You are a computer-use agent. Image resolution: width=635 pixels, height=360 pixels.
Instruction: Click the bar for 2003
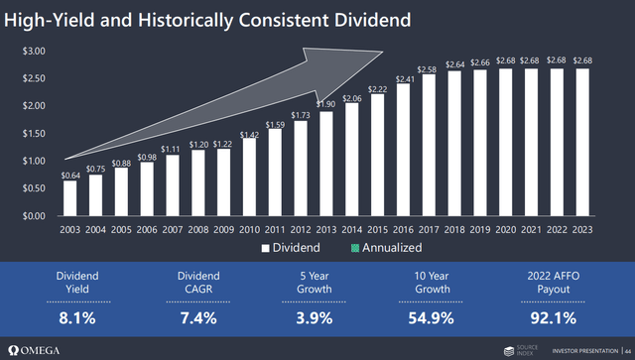point(69,197)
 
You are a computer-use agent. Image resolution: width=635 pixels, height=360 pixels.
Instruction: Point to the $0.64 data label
point(69,176)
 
